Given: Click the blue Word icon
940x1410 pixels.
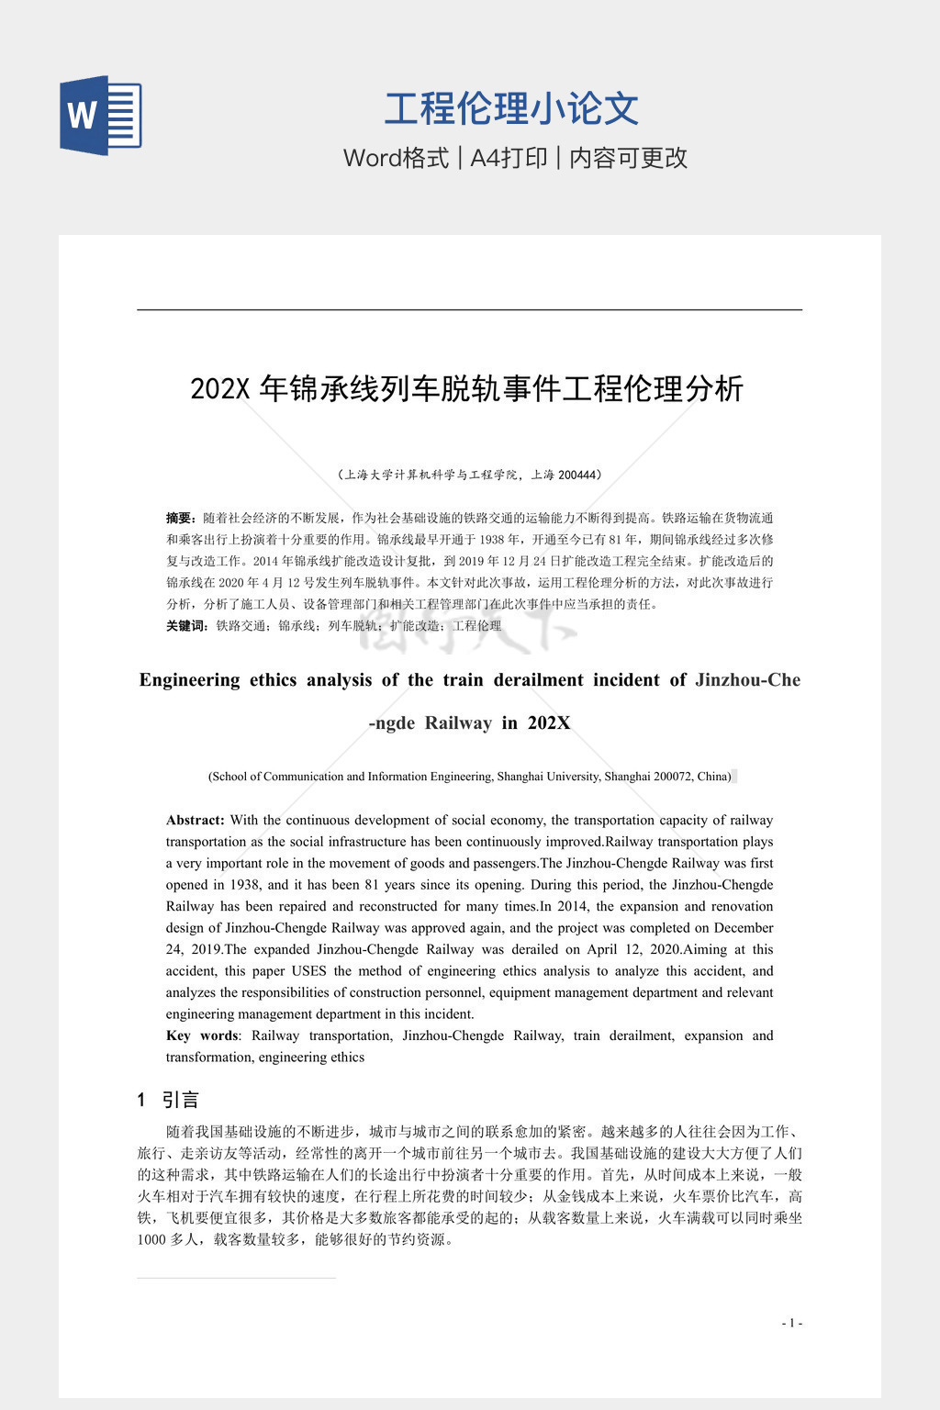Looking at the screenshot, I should pyautogui.click(x=101, y=116).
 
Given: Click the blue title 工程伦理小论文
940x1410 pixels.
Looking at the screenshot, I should pyautogui.click(x=511, y=108).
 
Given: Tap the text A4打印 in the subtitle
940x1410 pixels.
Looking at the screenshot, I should pyautogui.click(x=509, y=158).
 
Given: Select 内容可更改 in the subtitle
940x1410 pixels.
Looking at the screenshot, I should pyautogui.click(x=629, y=158).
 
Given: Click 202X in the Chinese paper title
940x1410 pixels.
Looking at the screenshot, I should pyautogui.click(x=220, y=389).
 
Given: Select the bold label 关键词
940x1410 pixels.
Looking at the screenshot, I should pyautogui.click(x=185, y=625).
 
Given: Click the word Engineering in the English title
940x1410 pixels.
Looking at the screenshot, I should pyautogui.click(x=189, y=680).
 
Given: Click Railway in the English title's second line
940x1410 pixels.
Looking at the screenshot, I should pyautogui.click(x=458, y=723).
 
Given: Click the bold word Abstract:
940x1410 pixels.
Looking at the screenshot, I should pyautogui.click(x=195, y=820).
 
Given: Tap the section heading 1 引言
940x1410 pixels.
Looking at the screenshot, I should pyautogui.click(x=168, y=1100).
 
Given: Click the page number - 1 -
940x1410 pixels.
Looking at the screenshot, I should pyautogui.click(x=791, y=1323).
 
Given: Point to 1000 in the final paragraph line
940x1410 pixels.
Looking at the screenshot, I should pyautogui.click(x=151, y=1239).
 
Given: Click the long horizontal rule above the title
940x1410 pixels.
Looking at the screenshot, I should pyautogui.click(x=469, y=310).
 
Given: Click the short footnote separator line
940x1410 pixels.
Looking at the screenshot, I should pyautogui.click(x=236, y=1278).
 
